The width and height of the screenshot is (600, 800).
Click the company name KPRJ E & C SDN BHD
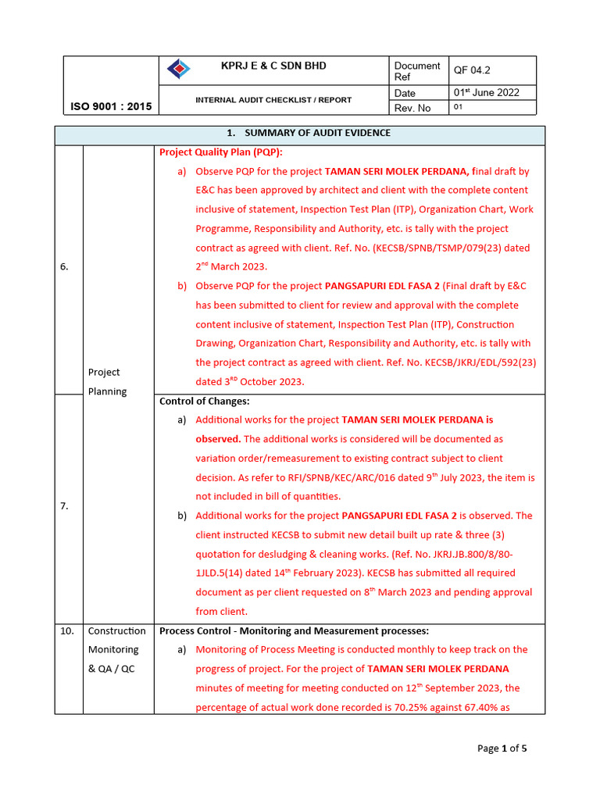[273, 66]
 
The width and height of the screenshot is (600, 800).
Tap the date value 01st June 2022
[486, 92]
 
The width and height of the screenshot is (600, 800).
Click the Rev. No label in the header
[413, 108]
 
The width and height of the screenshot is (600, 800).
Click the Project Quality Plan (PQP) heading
[221, 152]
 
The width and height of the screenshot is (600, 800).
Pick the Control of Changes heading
[205, 401]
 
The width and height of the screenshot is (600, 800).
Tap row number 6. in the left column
[65, 266]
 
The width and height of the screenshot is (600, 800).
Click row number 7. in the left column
[65, 505]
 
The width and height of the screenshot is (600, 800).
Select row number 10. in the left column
[68, 630]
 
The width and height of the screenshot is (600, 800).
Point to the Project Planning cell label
[107, 382]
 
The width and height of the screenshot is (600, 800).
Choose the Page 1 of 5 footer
[502, 748]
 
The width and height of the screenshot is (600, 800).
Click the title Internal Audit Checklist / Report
[273, 100]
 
